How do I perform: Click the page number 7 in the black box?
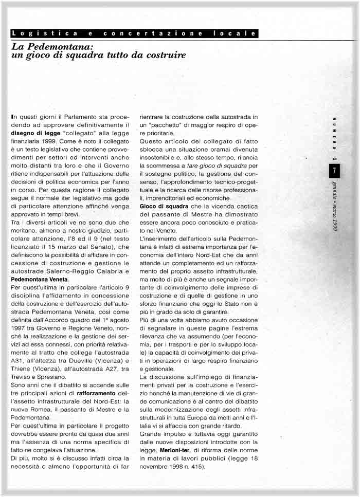click(x=335, y=170)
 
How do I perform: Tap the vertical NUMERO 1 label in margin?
click(x=335, y=139)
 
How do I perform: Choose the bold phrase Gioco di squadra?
click(x=160, y=206)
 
